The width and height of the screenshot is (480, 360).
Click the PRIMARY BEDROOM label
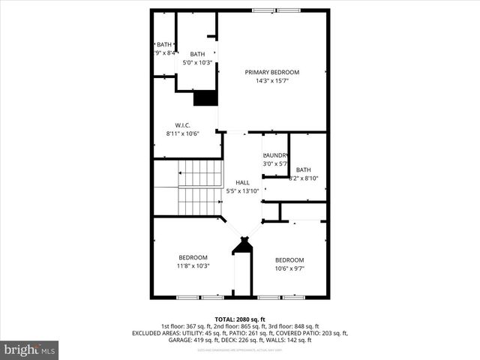271,72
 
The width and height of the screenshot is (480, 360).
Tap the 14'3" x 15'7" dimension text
271,80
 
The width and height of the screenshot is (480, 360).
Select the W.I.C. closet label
182,125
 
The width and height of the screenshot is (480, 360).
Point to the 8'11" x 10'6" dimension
182,133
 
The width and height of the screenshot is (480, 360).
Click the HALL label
242,183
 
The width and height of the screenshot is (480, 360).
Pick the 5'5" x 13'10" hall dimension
242,191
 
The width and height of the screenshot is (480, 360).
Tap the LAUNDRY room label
275,155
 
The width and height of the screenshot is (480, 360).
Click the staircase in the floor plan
199,187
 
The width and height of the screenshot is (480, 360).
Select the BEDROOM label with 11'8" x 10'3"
193,257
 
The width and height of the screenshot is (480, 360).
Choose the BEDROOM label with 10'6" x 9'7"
289,260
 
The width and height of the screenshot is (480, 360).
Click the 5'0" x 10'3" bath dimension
197,62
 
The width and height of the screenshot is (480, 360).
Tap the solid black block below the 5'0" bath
205,98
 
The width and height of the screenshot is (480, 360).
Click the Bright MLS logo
30,349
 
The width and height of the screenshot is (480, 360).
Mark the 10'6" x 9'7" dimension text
289,268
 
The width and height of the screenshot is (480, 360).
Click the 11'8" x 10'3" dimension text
193,265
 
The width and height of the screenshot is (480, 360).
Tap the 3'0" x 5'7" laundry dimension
275,163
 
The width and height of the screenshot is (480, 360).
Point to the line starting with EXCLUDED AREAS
240,332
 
